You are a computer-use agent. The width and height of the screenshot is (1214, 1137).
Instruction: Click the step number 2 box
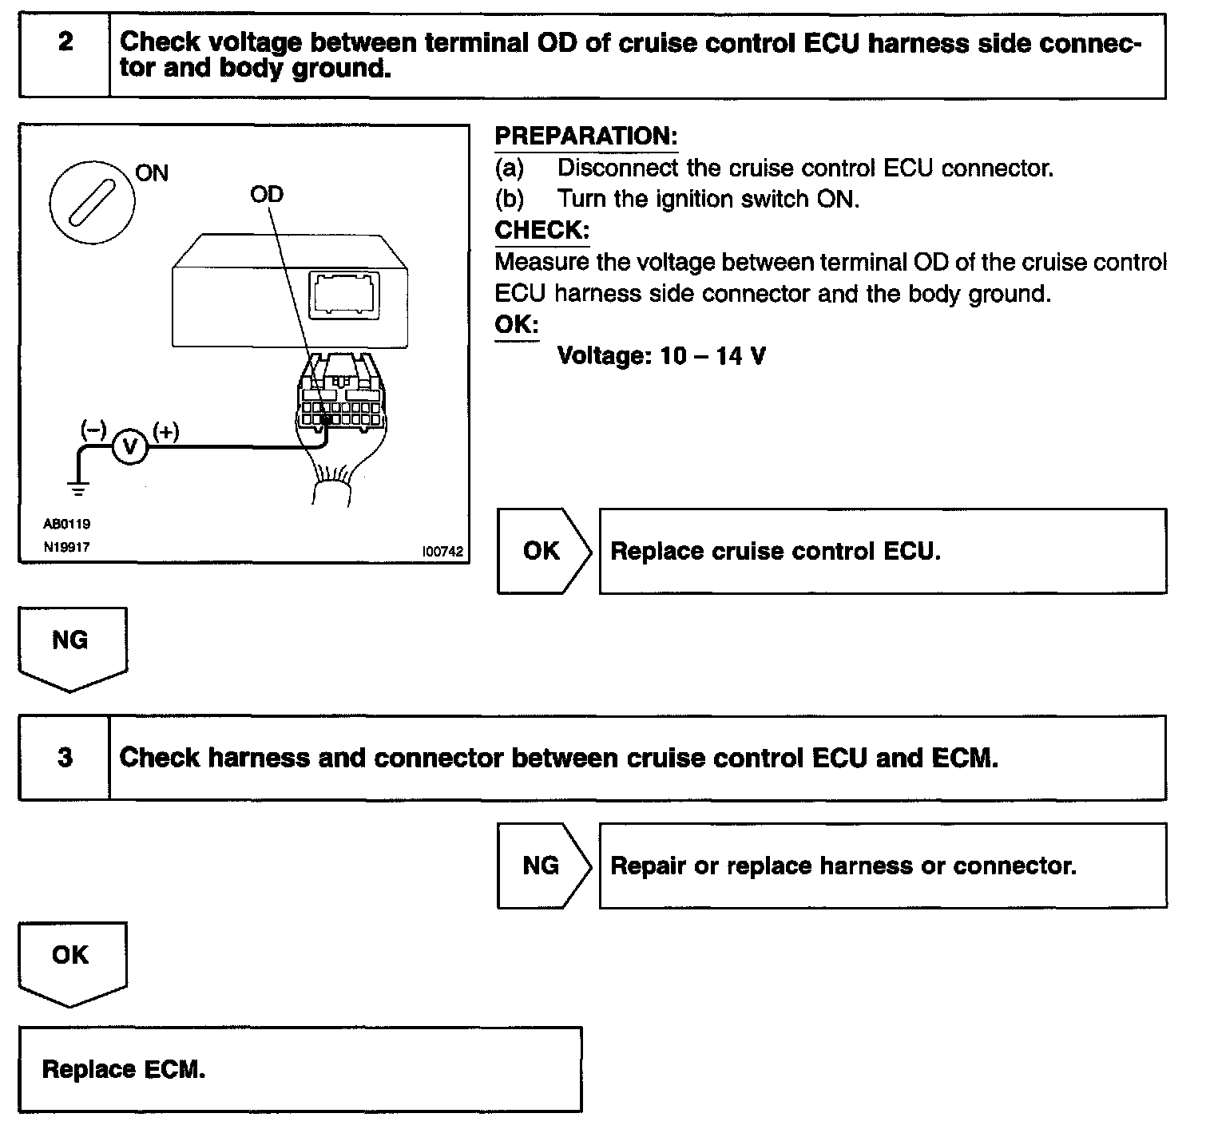coord(65,55)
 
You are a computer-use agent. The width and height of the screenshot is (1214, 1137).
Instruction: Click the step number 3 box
coord(65,757)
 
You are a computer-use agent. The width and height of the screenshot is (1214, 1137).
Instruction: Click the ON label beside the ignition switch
coord(152,172)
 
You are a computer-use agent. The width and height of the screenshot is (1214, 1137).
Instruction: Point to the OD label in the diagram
coord(267,194)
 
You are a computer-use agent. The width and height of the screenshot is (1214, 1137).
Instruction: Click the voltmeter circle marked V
coord(130,447)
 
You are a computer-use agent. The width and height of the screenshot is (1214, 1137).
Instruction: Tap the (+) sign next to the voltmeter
coord(165,431)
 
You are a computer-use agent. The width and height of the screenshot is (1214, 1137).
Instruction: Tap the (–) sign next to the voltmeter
coord(93,430)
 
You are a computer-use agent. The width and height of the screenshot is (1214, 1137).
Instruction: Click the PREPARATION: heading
coord(585,136)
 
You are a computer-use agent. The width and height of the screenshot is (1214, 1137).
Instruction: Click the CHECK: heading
coord(542,230)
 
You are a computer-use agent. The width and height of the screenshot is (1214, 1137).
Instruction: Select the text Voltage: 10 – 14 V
coord(661,355)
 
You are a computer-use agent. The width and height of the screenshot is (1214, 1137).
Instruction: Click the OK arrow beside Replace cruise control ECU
coord(543,551)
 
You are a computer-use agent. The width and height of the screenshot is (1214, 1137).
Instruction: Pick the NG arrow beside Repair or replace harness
coord(543,866)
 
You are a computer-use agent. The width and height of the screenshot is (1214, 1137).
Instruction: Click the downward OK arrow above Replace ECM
coord(72,960)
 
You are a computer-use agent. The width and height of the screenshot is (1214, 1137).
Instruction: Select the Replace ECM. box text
coord(124,1069)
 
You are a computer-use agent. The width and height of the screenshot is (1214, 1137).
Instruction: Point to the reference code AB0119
coord(66,524)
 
